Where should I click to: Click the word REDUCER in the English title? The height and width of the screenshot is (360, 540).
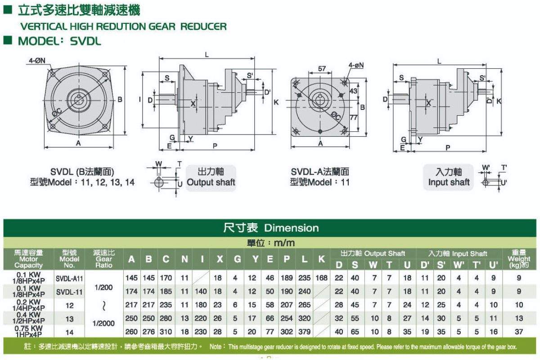(203, 27)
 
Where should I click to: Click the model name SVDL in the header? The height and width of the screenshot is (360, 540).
(85, 41)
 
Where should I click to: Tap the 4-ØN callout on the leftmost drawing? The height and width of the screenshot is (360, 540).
(37, 60)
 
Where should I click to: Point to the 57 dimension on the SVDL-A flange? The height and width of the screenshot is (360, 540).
(322, 69)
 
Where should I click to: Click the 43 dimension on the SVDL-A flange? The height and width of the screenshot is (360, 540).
(353, 91)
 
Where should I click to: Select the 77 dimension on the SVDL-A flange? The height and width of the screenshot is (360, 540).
(353, 117)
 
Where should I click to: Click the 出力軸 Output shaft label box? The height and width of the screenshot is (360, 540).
(211, 178)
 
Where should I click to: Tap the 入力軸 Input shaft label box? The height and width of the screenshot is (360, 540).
(449, 177)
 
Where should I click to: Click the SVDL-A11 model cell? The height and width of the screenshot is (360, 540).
(69, 279)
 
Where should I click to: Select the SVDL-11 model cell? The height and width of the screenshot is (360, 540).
(69, 292)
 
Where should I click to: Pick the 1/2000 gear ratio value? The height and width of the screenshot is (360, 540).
(103, 324)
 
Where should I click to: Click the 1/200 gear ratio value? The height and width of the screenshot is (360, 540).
(103, 288)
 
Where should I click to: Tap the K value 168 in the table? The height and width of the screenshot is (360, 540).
(322, 278)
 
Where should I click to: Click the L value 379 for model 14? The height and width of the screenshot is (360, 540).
(305, 332)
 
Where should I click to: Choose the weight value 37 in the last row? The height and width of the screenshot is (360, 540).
(519, 332)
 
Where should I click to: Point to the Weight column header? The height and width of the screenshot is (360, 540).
(519, 259)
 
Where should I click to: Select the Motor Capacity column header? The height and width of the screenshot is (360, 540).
(28, 259)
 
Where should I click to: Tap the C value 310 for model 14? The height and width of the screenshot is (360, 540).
(166, 332)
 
